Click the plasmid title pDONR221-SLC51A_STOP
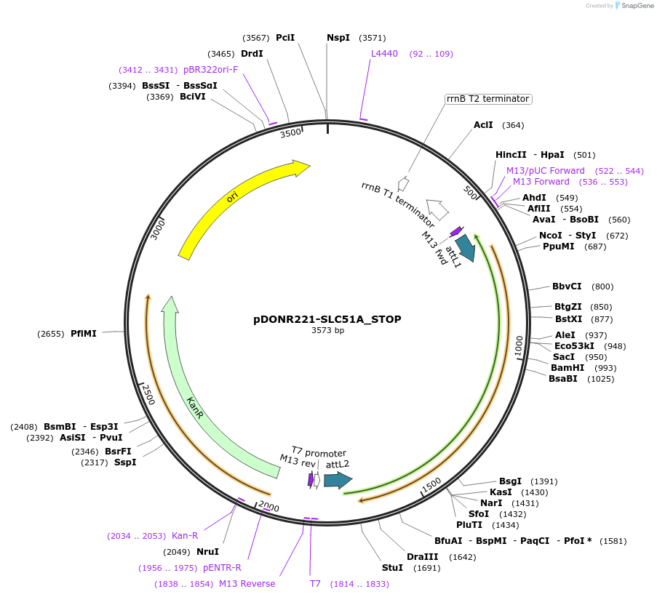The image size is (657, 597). click(327, 319)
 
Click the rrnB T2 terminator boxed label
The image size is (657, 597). click(488, 99)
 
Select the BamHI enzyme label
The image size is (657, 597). click(568, 368)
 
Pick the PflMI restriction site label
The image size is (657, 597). click(84, 334)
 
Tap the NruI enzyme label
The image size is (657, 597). click(207, 552)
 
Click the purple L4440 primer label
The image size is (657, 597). click(384, 54)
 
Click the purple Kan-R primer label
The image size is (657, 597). click(185, 536)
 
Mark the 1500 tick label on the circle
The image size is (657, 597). click(432, 484)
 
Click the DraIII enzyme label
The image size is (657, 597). click(421, 557)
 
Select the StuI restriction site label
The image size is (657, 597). click(392, 567)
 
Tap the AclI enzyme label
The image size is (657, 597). click(483, 125)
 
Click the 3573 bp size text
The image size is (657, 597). click(327, 331)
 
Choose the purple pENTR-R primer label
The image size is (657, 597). click(222, 568)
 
